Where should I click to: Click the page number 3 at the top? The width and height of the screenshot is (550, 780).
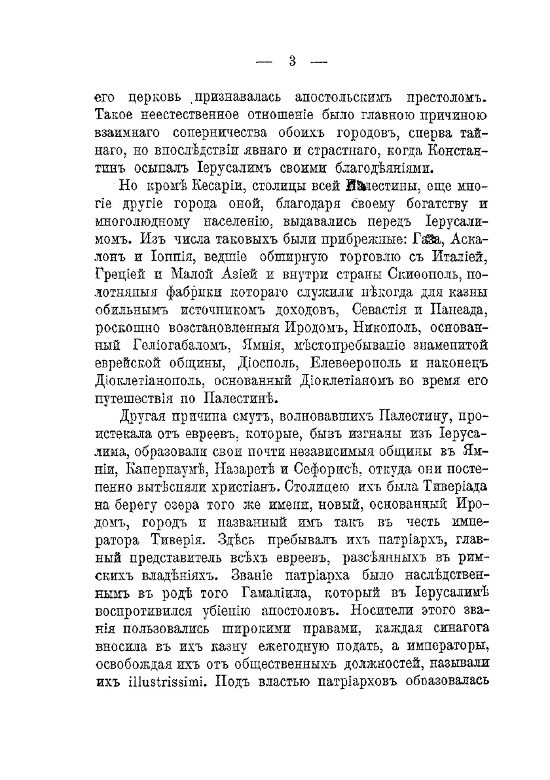pyautogui.click(x=292, y=62)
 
